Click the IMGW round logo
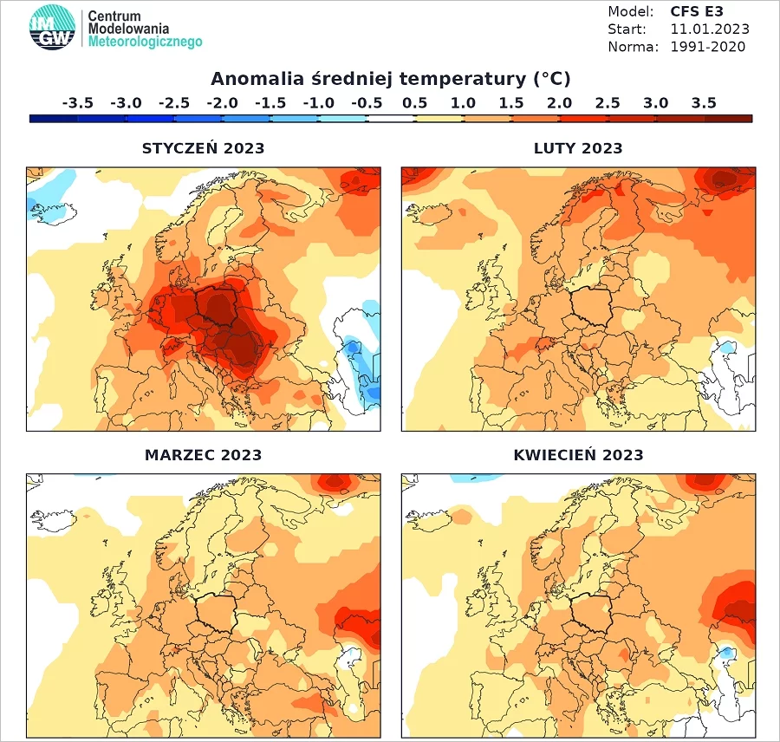coord(52,28)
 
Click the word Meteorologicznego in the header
coord(146,42)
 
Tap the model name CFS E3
coord(697,11)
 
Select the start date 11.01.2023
coord(710,29)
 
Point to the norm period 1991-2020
coord(708,47)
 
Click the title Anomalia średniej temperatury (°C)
coord(391,79)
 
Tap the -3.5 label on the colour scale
coord(78,103)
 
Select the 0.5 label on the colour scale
coord(415,103)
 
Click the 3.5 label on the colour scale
coord(704,103)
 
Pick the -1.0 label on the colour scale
coord(318,103)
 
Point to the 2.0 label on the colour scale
coord(559,103)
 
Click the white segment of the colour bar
coord(391,119)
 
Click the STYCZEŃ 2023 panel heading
coord(203,148)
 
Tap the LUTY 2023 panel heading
coord(578,148)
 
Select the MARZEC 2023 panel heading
coord(203,455)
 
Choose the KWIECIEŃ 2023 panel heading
coord(579,455)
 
